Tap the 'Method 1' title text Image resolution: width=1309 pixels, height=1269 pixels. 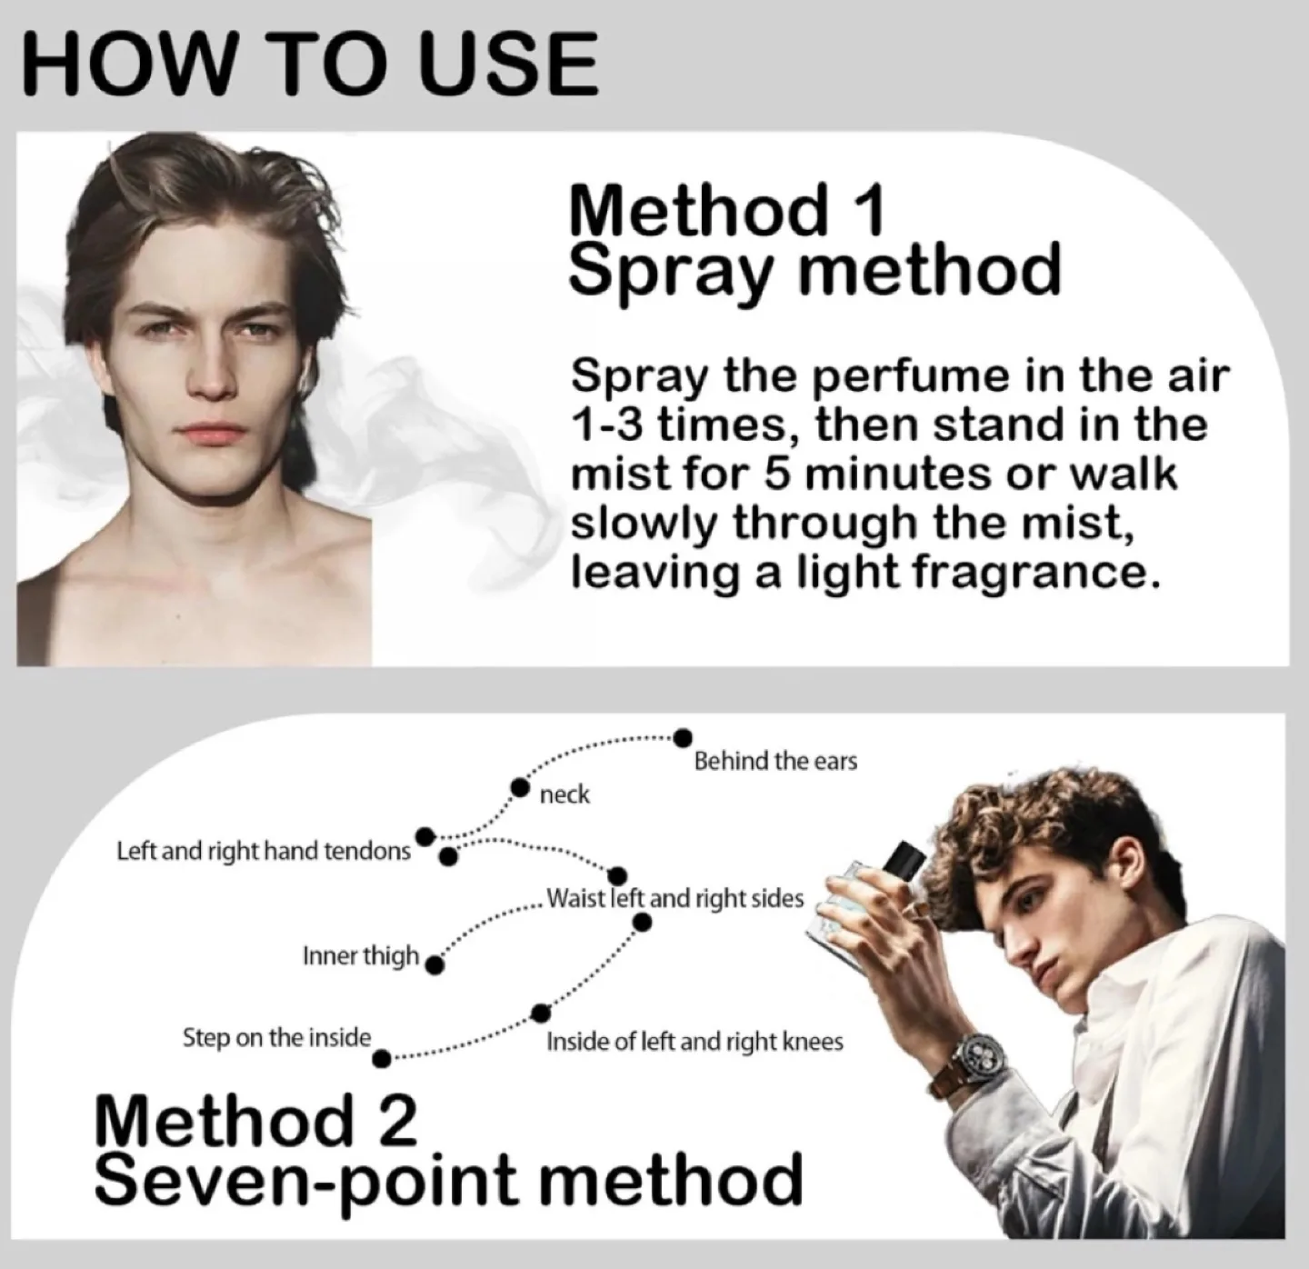726,210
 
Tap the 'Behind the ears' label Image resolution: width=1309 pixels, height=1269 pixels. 775,761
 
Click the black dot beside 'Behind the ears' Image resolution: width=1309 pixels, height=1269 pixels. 684,736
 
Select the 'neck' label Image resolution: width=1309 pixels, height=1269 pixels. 565,795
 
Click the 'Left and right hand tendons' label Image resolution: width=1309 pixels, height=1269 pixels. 264,852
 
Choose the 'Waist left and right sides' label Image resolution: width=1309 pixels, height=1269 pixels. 675,899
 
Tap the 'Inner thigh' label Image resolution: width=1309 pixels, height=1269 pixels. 361,955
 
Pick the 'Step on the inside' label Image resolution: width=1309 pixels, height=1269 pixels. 276,1037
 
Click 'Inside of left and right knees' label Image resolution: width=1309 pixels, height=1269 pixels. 694,1042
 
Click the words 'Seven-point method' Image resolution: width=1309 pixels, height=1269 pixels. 448,1180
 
